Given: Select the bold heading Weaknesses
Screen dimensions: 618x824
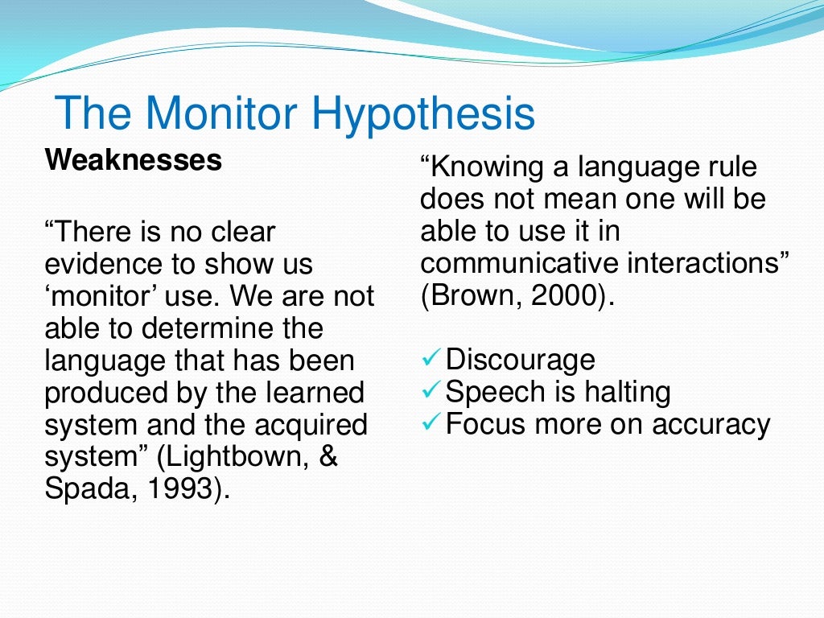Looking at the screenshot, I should (134, 159).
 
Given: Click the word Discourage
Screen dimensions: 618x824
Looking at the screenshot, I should (521, 360).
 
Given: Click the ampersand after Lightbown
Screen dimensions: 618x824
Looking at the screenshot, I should (329, 456).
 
